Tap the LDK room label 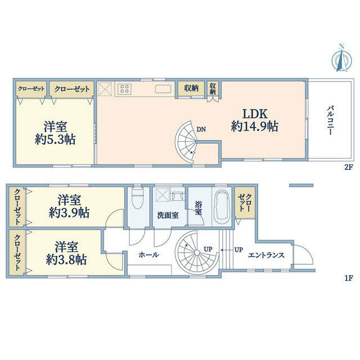[x=255, y=114]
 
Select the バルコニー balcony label [x=331, y=120]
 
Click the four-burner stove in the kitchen [x=124, y=89]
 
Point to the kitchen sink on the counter [x=163, y=89]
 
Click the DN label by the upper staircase [x=201, y=129]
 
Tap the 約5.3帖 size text [x=55, y=139]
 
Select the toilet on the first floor [x=137, y=197]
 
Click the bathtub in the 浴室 [x=222, y=205]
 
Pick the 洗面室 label [x=168, y=215]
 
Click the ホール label [x=148, y=255]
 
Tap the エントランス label [x=266, y=255]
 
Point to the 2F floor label [x=348, y=167]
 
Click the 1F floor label [x=348, y=278]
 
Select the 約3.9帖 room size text [x=69, y=213]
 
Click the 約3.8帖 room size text [x=66, y=260]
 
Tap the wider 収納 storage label [x=191, y=88]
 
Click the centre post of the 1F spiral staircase [x=197, y=253]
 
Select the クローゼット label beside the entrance [x=245, y=202]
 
